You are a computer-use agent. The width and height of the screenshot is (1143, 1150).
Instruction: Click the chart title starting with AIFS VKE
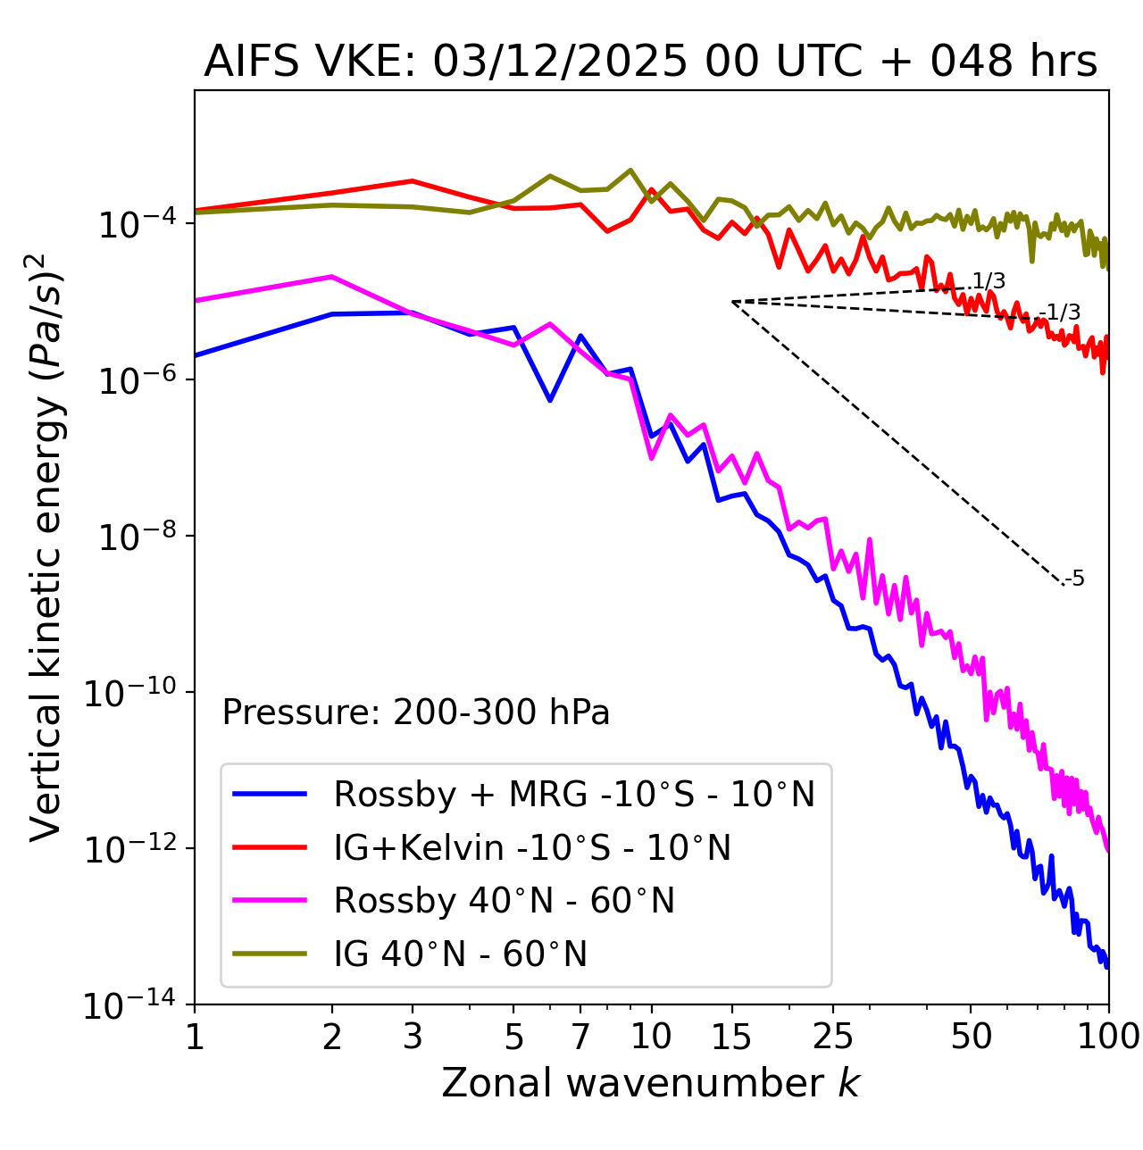[650, 62]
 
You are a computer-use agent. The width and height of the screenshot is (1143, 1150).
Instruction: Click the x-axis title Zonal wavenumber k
[650, 1082]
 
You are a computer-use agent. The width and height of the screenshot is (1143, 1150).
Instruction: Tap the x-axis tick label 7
[580, 1036]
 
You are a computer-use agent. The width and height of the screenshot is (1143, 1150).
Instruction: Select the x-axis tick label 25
[832, 1036]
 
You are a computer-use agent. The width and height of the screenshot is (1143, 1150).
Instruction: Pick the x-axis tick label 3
[413, 1036]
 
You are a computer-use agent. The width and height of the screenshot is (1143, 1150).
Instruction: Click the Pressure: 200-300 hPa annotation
[415, 712]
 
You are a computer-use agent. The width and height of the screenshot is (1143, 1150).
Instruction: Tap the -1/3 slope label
[1063, 312]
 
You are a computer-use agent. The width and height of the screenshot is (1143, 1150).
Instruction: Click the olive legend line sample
[270, 954]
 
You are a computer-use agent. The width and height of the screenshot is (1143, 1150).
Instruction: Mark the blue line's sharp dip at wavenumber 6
[550, 400]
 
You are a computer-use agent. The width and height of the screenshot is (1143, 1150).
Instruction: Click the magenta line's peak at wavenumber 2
[332, 277]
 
